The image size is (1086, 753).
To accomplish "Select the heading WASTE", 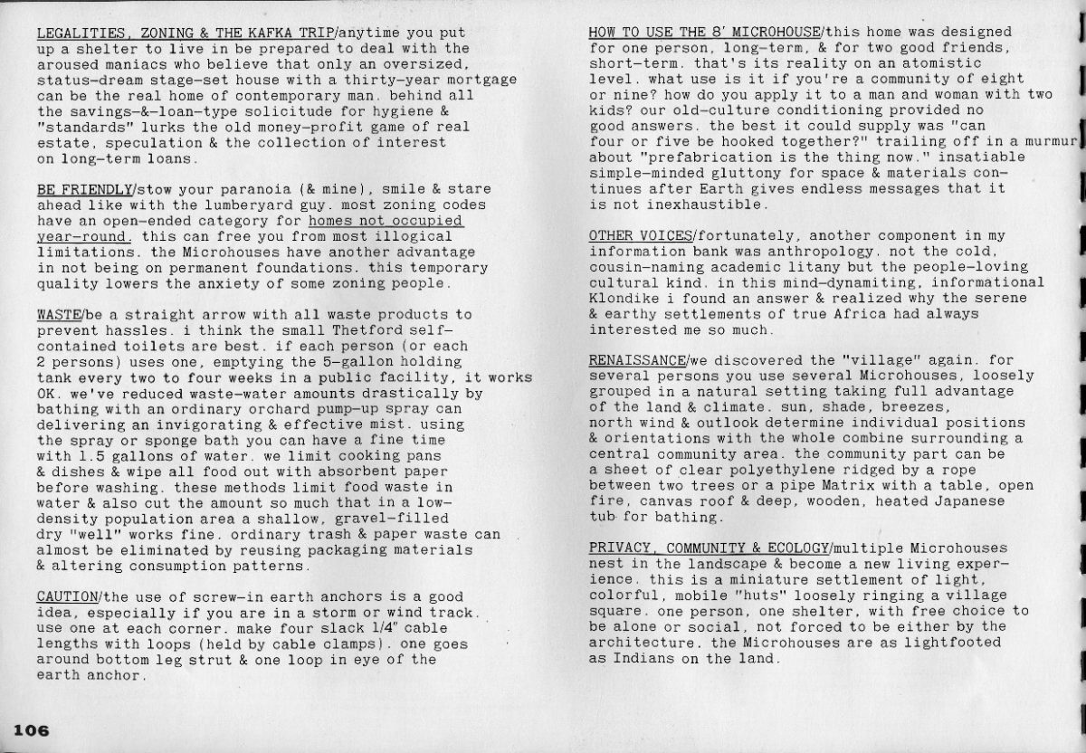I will (60, 314).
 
